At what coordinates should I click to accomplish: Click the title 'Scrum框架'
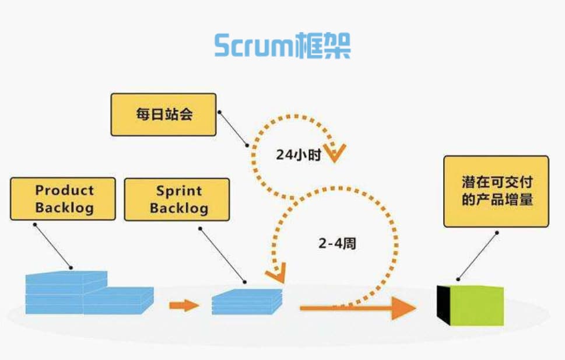click(282, 46)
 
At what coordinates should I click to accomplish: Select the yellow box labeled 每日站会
click(164, 114)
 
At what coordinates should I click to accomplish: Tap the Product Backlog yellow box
click(63, 199)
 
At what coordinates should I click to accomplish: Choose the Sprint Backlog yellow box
click(177, 200)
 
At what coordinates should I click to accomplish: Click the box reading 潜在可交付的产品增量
click(496, 191)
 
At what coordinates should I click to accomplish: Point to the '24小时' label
click(299, 155)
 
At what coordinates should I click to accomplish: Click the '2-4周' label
click(337, 243)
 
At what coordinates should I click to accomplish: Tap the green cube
click(470, 305)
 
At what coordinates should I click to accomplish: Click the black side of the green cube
click(444, 305)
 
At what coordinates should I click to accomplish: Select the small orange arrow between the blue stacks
click(184, 306)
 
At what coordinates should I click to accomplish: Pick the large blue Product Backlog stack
click(90, 292)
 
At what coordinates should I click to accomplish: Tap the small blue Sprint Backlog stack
click(247, 302)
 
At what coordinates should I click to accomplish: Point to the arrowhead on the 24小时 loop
click(335, 153)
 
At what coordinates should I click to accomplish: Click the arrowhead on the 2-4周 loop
click(277, 273)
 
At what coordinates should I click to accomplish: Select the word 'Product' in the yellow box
click(65, 190)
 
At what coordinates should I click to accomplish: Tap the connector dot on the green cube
click(458, 279)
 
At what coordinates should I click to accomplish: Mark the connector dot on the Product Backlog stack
click(71, 268)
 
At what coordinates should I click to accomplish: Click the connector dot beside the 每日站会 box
click(219, 112)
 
